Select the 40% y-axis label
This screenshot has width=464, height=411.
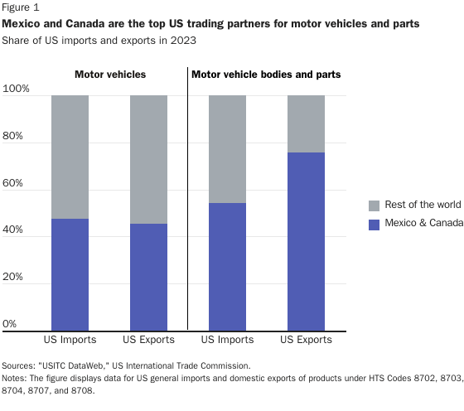tap(16, 230)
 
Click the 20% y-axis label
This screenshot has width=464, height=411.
tap(16, 277)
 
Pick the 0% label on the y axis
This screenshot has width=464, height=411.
tap(10, 323)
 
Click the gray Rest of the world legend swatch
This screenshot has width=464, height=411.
tap(373, 205)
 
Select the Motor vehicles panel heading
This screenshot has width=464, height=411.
tap(109, 75)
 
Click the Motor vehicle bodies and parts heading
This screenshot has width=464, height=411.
tap(266, 75)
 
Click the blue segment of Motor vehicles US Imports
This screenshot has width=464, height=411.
tap(70, 274)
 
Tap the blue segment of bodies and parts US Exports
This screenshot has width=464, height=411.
tap(306, 241)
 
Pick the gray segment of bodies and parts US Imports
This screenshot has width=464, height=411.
tap(227, 149)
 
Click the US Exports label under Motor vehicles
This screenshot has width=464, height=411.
tap(148, 340)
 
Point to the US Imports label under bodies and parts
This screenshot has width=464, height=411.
tap(227, 340)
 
